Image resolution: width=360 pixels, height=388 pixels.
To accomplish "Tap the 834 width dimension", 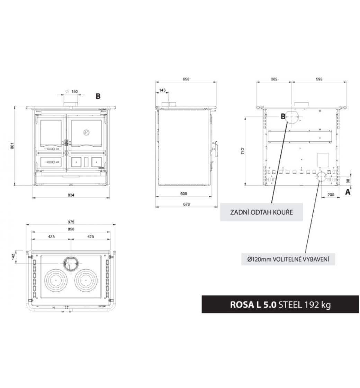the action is point(71,195).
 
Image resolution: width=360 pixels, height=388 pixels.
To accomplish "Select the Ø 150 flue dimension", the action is point(71,91).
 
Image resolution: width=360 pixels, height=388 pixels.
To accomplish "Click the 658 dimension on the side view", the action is point(186,79).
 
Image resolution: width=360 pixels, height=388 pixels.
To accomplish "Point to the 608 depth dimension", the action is point(184,194).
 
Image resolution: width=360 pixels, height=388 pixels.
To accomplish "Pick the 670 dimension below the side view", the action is point(187,204).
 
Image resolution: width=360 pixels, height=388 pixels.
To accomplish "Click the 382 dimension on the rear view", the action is point(274,79).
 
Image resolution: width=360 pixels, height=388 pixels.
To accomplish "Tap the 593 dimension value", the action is point(319,79).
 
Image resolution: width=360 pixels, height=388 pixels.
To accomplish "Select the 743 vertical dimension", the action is point(243,151).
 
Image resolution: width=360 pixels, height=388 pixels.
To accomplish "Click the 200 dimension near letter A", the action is point(331,195).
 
